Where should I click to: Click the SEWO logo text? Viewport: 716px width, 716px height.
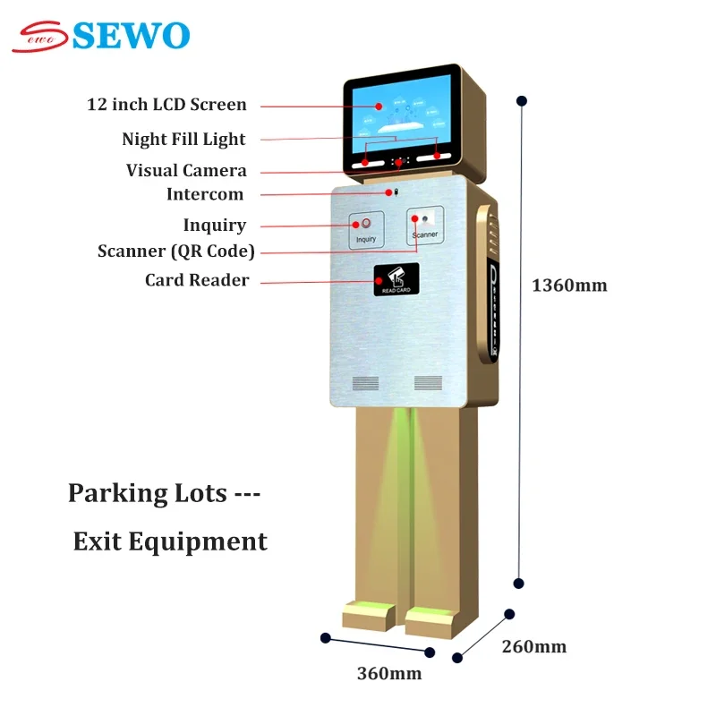[x=130, y=35]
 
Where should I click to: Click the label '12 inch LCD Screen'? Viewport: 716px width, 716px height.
[x=166, y=105]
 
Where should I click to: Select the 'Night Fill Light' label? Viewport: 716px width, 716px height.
[x=183, y=139]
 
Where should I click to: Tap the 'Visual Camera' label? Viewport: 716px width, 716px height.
[x=186, y=170]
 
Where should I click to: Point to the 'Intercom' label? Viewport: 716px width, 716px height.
[x=205, y=194]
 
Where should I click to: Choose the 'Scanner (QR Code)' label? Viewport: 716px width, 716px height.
[x=176, y=251]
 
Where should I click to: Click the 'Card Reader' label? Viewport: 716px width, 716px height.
[x=197, y=280]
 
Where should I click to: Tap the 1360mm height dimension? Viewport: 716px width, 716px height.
[x=569, y=286]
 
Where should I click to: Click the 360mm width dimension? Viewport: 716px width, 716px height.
[x=389, y=674]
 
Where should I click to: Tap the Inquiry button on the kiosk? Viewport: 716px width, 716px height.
[x=366, y=229]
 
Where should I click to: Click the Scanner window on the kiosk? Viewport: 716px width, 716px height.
[x=425, y=225]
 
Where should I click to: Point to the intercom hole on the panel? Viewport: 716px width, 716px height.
[x=391, y=192]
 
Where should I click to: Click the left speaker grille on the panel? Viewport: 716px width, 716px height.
[x=365, y=383]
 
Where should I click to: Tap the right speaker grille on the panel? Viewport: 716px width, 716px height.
[x=428, y=383]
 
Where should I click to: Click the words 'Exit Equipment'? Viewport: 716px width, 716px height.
[x=170, y=541]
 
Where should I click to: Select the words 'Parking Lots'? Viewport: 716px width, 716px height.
[x=147, y=493]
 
